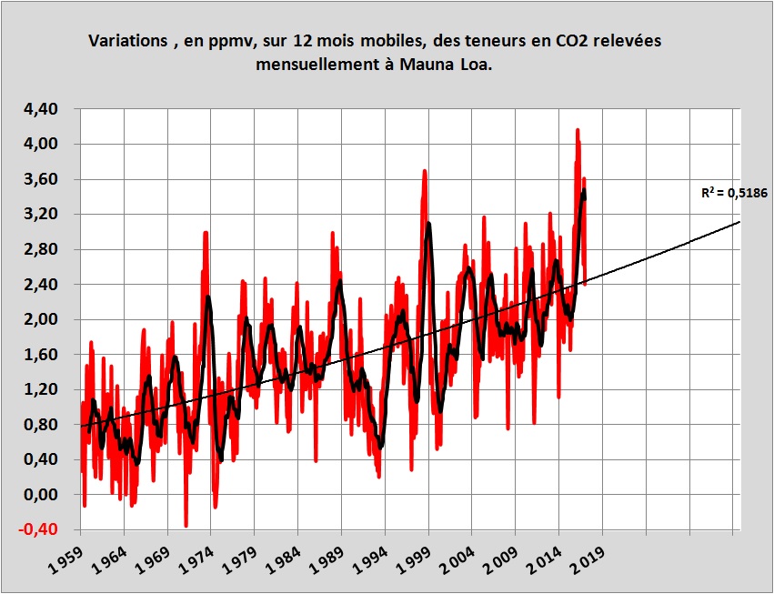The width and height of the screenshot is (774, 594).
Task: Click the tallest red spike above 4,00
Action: tap(577, 131)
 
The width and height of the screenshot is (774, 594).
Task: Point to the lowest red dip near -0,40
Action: tap(186, 525)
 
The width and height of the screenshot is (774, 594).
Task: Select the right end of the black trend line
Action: tap(739, 221)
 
